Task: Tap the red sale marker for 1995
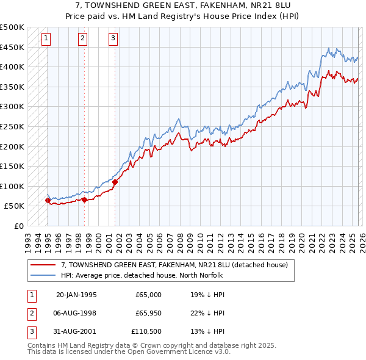coord(48,200)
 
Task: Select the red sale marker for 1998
coord(84,200)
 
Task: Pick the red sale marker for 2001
coord(115,182)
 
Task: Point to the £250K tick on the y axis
coord(12,126)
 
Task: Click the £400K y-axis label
coord(12,67)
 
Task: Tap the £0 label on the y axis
coord(18,226)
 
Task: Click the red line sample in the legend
coord(43,265)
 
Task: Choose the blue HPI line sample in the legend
coord(43,275)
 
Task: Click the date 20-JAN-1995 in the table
coord(76,294)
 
